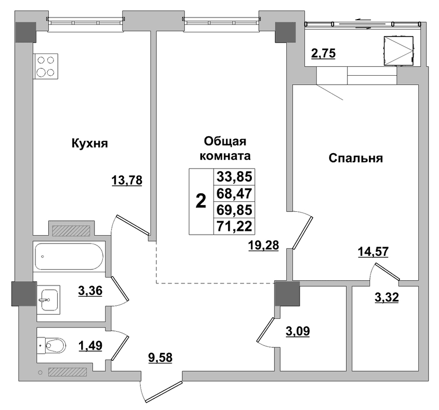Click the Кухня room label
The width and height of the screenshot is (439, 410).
tap(90, 144)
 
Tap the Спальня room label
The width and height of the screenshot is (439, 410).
tap(356, 158)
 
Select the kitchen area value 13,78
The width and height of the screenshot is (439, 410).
tap(127, 180)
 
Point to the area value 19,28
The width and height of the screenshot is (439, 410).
tap(264, 245)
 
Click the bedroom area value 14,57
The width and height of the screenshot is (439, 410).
tap(373, 252)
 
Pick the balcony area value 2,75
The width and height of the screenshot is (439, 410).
tap(323, 53)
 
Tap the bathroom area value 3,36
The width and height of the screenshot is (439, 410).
tap(91, 291)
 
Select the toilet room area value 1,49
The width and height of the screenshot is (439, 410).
tap(91, 346)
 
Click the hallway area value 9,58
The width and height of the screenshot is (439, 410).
tap(160, 358)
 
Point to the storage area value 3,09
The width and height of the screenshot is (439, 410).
tap(297, 332)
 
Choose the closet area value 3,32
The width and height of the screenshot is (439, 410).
tap(387, 297)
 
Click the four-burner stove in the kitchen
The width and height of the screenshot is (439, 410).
tap(46, 66)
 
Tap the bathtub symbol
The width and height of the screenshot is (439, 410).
tap(69, 256)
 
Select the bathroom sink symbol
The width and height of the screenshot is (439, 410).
tap(48, 300)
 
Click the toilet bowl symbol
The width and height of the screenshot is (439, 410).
tap(51, 346)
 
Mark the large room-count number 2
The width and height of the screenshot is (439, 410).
tap(201, 201)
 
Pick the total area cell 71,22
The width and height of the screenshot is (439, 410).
tap(234, 226)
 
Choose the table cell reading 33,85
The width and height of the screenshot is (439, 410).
tap(234, 177)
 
